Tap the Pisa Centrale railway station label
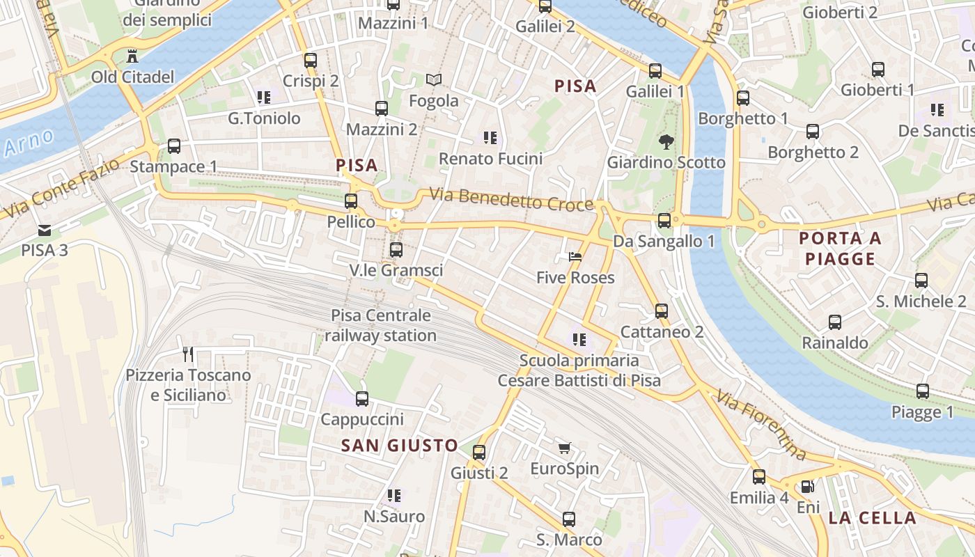[x=381, y=326]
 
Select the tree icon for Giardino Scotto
[x=666, y=142]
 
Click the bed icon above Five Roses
[x=575, y=257]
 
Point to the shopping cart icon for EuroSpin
[x=564, y=448]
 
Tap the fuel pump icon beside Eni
[x=807, y=487]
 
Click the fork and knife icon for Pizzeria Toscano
[x=187, y=354]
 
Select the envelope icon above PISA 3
[x=45, y=230]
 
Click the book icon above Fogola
[x=434, y=80]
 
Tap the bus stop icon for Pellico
[x=351, y=201]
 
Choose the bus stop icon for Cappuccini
[x=362, y=399]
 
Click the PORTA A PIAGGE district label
[x=840, y=249]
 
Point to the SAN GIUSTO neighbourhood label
[x=400, y=446]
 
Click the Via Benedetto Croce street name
[x=511, y=199]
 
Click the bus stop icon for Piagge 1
[x=923, y=391]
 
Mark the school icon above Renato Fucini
[x=490, y=138]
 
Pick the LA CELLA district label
[x=872, y=518]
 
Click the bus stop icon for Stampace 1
[x=174, y=146]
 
